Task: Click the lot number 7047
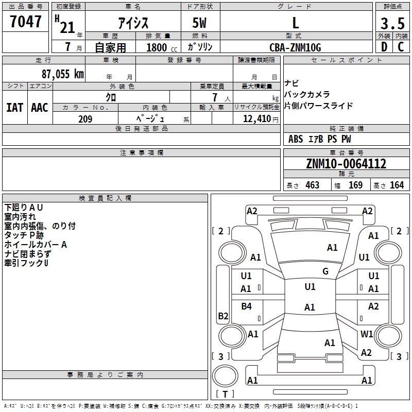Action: (26, 21)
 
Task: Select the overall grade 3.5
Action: (392, 23)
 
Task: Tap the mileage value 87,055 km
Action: (63, 74)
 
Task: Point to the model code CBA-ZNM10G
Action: (295, 47)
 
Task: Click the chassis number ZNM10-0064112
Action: (346, 164)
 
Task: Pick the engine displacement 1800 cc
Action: (162, 48)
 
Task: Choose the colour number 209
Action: (85, 119)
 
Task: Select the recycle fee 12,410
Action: (257, 118)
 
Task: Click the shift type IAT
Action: (15, 108)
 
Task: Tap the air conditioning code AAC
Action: (40, 108)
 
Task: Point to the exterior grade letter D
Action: (384, 47)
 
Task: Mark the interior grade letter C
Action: (401, 47)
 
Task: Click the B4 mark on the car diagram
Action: (247, 306)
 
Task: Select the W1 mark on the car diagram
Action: (367, 334)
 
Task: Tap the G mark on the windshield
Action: (325, 271)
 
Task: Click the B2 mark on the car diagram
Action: (223, 316)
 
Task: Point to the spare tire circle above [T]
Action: (225, 376)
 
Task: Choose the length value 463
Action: (313, 185)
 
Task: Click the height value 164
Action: (397, 185)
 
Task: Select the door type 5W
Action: (199, 23)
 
